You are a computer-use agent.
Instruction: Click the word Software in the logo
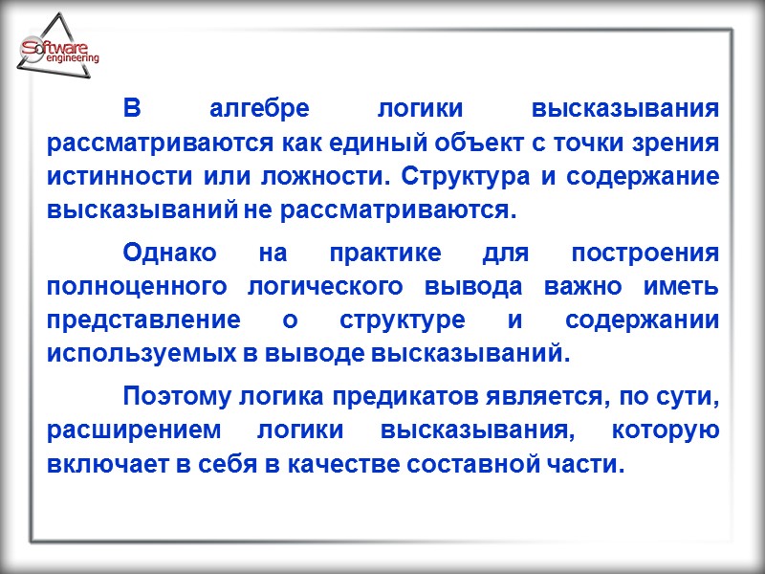click(55, 49)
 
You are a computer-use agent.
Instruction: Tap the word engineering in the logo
click(72, 60)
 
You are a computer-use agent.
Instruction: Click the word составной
click(483, 464)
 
